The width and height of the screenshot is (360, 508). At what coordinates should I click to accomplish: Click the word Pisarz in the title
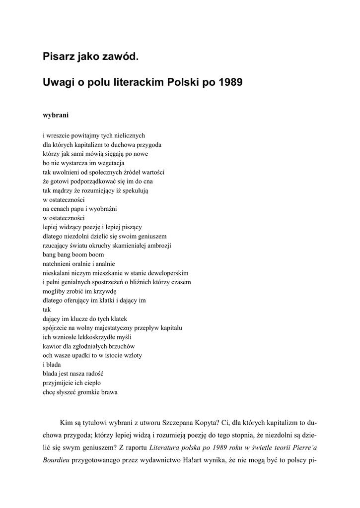click(58, 58)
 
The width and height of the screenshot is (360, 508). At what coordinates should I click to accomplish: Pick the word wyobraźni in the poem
click(103, 208)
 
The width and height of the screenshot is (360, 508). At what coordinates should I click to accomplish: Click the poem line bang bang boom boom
click(73, 254)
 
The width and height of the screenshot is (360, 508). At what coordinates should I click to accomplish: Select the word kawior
click(52, 346)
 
